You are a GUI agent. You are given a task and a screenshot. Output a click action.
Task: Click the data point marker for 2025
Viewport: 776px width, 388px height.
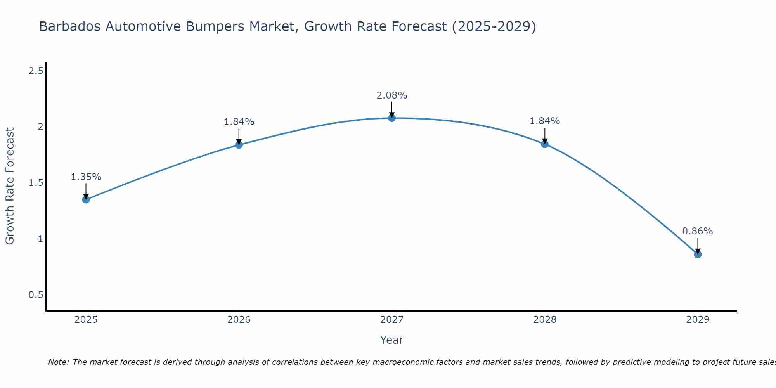86,199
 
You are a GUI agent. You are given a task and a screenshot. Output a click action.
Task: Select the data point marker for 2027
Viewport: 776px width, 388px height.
392,118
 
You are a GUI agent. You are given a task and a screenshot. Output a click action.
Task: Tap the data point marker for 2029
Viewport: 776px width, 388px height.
698,255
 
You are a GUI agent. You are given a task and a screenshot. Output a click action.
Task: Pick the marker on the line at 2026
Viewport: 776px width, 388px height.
239,145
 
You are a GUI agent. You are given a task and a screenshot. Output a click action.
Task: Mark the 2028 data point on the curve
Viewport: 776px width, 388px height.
545,144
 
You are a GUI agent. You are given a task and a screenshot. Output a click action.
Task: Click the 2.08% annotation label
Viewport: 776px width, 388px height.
392,95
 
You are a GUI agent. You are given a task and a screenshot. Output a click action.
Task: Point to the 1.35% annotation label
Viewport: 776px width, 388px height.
86,177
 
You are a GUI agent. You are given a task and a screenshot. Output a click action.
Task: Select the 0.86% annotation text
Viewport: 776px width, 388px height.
698,231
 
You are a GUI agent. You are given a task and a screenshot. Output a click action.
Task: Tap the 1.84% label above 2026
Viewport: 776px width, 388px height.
239,122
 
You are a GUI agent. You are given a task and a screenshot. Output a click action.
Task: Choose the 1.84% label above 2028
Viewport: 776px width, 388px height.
545,121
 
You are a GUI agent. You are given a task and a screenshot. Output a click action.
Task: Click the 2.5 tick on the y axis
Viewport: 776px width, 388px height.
36,71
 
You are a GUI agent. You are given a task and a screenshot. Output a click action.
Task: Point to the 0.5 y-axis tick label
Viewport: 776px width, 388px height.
36,295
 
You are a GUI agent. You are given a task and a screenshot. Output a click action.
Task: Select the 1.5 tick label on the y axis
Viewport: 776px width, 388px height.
36,183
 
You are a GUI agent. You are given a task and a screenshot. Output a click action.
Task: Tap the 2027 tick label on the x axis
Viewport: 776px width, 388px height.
392,320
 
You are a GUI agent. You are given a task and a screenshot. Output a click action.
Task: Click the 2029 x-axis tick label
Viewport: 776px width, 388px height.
698,320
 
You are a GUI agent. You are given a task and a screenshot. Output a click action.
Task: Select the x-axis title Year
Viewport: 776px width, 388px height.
392,340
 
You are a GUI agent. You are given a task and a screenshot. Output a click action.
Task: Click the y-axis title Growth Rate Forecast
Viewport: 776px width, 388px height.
10,186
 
